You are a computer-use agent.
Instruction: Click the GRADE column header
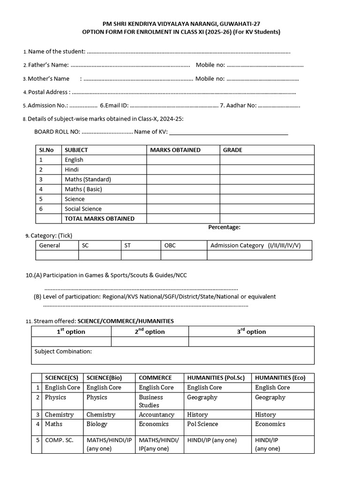[x=232, y=150]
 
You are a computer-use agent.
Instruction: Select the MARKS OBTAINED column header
[x=175, y=150]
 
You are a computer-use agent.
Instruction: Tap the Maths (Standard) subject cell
[x=88, y=180]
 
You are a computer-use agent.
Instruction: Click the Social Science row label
[x=83, y=209]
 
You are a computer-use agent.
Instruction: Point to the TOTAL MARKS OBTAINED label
[x=99, y=218]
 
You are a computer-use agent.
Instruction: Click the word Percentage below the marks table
[x=224, y=227]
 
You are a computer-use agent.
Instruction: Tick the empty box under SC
[x=99, y=255]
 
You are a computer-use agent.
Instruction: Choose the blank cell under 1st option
[x=71, y=342]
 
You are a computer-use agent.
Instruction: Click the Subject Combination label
[x=63, y=352]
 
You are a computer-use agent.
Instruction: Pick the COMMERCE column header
[x=155, y=378]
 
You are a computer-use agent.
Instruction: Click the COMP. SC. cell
[x=59, y=440]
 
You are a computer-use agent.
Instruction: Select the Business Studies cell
[x=150, y=401]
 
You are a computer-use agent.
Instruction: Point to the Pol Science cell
[x=202, y=424]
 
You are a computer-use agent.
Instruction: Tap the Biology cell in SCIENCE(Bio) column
[x=97, y=424]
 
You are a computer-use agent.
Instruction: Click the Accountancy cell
[x=156, y=415]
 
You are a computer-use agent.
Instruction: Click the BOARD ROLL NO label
[x=57, y=132]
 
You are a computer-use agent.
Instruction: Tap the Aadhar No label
[x=238, y=105]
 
